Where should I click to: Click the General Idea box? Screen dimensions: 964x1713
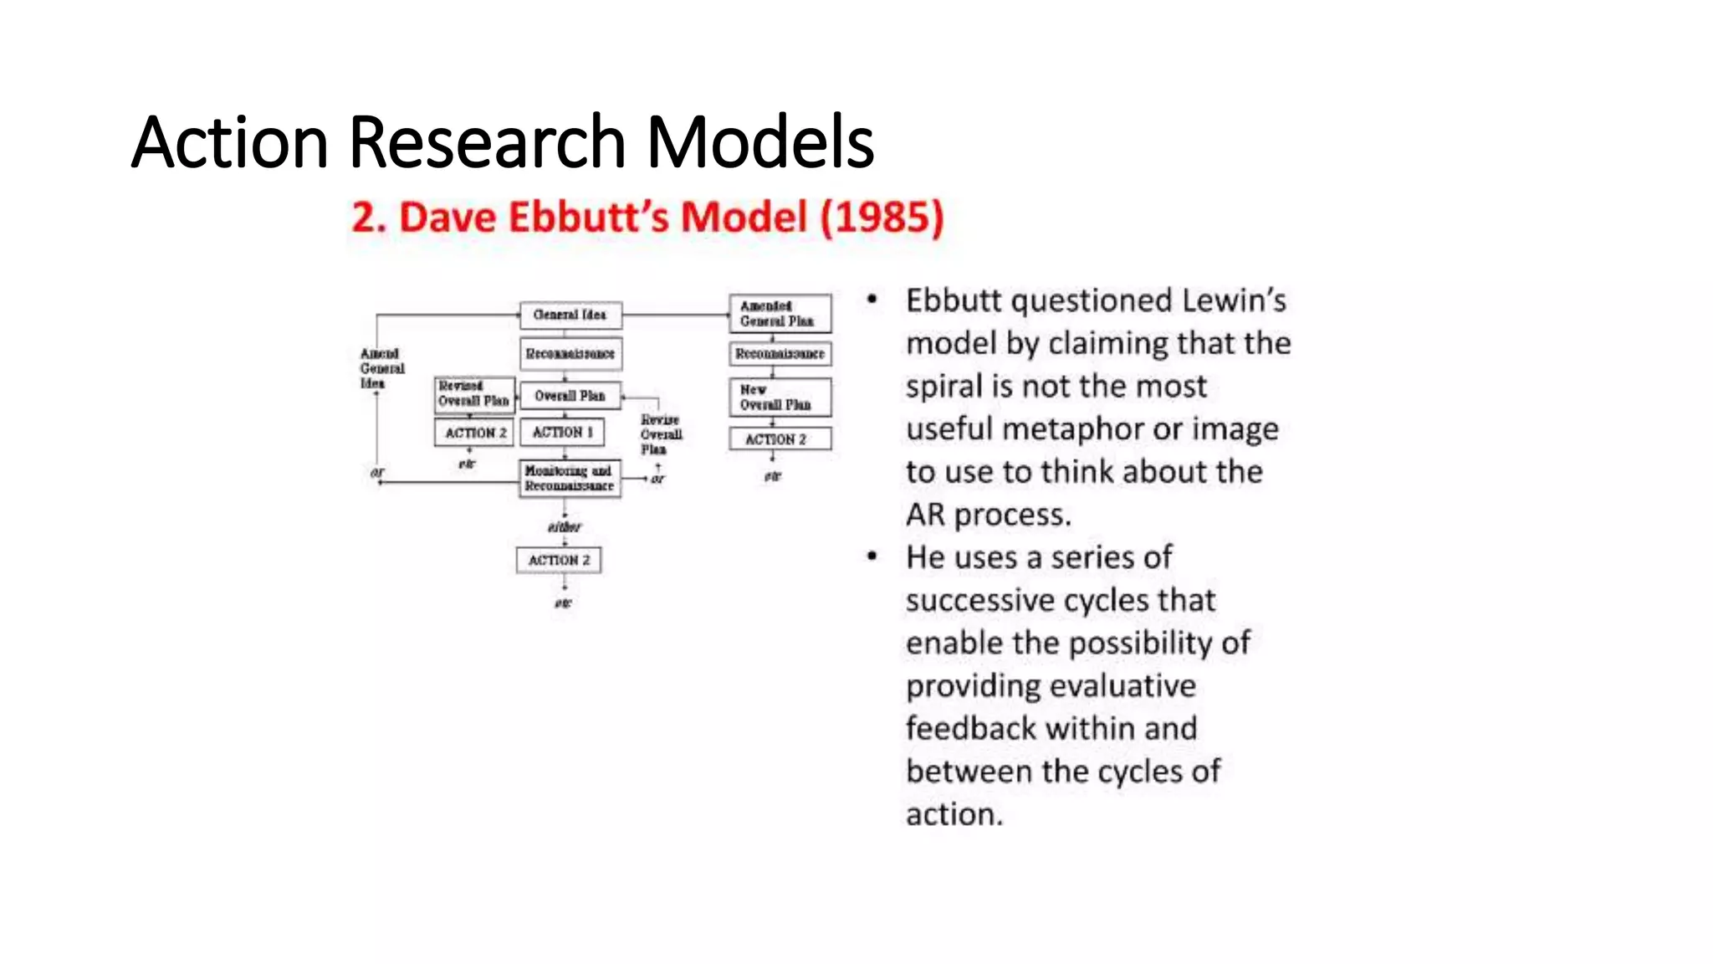(570, 315)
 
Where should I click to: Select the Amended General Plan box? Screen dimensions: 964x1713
(780, 314)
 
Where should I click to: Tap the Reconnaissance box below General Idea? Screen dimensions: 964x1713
(570, 354)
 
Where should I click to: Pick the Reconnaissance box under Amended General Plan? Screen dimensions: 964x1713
(780, 354)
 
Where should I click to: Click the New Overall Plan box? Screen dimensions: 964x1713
(780, 397)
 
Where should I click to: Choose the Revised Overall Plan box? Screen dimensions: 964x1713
(473, 394)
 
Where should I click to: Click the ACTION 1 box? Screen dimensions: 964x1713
(562, 432)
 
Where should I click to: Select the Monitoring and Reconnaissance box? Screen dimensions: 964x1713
(570, 479)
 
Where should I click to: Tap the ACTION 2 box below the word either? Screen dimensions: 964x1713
(559, 560)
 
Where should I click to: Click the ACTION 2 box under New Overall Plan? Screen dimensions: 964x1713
(780, 439)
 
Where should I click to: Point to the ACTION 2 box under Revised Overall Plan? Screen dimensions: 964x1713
(474, 433)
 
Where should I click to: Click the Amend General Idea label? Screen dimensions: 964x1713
(381, 368)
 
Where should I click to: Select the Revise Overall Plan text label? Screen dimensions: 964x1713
(661, 434)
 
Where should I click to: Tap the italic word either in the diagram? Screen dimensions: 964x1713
(564, 527)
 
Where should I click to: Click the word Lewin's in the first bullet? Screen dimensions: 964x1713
(1234, 300)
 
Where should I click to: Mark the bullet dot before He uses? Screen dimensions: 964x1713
(872, 556)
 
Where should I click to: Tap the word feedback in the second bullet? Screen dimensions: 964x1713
(971, 729)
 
